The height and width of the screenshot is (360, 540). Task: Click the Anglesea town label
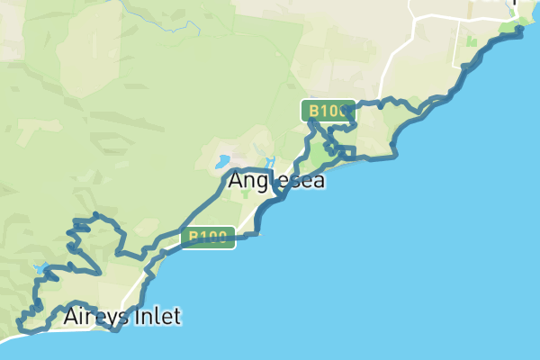(x=275, y=180)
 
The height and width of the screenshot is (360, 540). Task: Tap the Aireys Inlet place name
(x=122, y=317)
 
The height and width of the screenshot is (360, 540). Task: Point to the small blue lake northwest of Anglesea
(x=220, y=162)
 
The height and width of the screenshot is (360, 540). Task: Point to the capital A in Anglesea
(x=236, y=180)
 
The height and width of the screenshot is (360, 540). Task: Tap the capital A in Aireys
(x=71, y=317)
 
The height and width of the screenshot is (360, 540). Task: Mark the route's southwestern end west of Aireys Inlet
(x=20, y=322)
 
